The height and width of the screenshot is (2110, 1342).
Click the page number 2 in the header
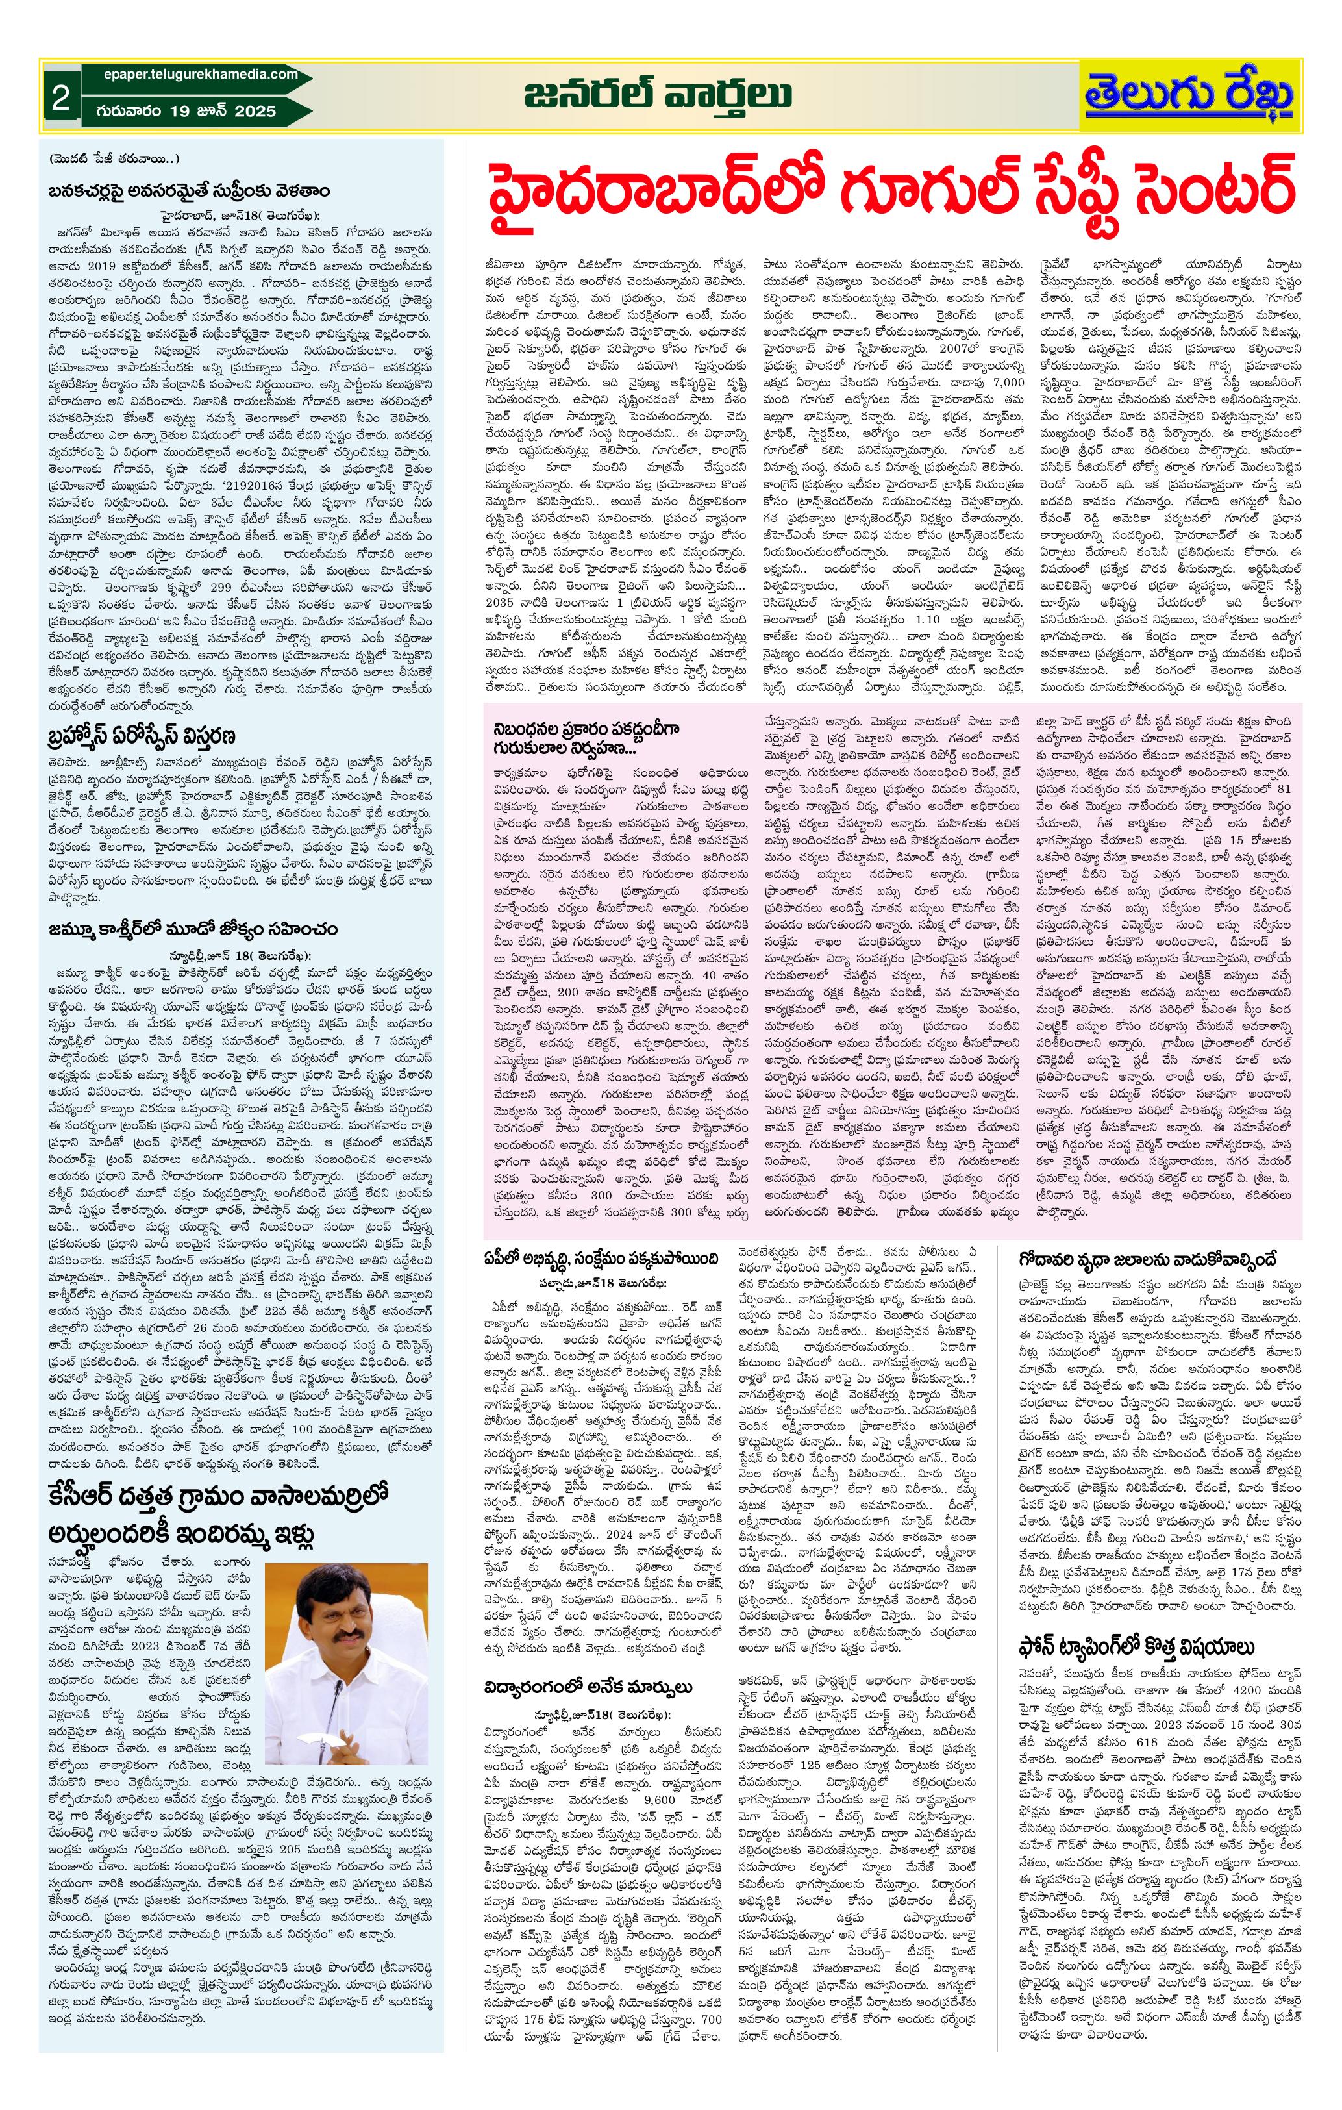click(60, 98)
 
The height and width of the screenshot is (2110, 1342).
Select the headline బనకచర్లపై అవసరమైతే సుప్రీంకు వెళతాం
click(189, 191)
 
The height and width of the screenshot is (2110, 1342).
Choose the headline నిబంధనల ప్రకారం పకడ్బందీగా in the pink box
click(586, 729)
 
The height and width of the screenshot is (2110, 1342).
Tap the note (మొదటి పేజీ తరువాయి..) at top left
click(113, 158)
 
